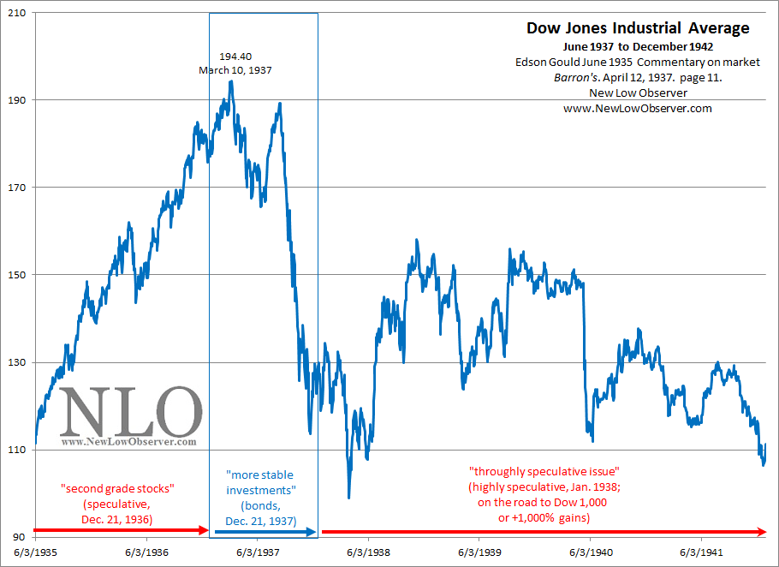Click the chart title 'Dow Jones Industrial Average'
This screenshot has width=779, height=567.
(x=637, y=28)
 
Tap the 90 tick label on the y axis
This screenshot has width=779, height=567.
(x=17, y=537)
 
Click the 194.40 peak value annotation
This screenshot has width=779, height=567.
(x=235, y=56)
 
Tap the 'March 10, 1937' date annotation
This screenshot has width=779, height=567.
(x=235, y=69)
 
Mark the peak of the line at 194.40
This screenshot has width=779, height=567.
(x=231, y=81)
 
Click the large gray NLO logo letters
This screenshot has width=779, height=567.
(x=130, y=412)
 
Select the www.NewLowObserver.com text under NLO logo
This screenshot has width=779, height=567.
(x=128, y=442)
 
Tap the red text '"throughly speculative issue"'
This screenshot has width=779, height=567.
(x=544, y=472)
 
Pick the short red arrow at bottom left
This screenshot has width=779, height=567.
(x=120, y=531)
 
